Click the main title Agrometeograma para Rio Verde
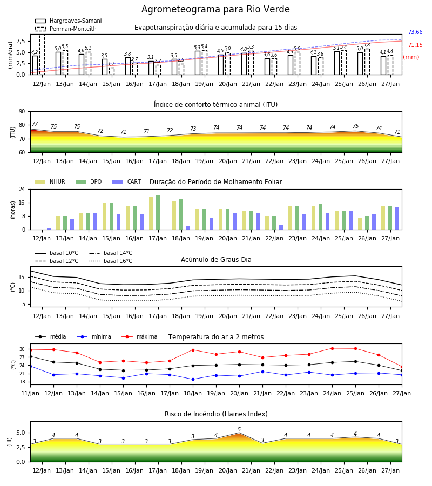215,9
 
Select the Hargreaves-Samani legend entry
68,21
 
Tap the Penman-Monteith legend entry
66,29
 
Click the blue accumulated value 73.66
415,32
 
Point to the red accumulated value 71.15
415,45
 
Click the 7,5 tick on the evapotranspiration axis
21,41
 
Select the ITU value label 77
35,124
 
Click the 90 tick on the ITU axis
22,112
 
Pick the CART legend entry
127,181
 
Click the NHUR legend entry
50,181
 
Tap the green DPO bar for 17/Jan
158,213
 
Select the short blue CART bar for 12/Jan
49,229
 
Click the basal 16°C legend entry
111,261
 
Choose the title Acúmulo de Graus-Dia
216,260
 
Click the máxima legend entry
139,336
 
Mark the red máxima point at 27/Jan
402,367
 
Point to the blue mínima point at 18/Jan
193,380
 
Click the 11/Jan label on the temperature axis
30,393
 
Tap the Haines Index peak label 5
239,429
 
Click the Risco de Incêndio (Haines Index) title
216,414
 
